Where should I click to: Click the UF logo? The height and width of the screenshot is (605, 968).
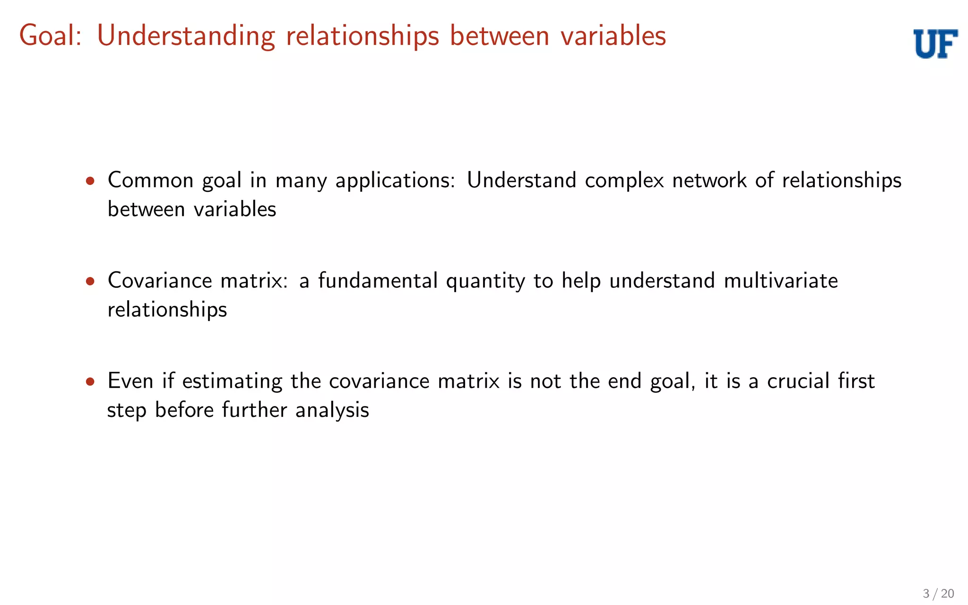click(x=935, y=43)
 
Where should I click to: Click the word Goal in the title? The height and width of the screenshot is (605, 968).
click(x=50, y=36)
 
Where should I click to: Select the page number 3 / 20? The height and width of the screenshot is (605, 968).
click(x=938, y=594)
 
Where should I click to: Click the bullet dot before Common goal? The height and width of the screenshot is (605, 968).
click(x=90, y=181)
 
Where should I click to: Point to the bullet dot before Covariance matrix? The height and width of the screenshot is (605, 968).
click(x=90, y=282)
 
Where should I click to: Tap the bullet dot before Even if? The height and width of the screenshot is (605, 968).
click(x=90, y=382)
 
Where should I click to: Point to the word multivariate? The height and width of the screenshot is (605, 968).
click(x=781, y=281)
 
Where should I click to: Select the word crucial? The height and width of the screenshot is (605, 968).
click(x=798, y=381)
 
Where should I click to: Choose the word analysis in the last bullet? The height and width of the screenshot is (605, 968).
click(x=332, y=410)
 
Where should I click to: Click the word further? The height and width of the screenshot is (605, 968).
click(x=254, y=409)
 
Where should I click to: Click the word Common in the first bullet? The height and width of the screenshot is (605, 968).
click(x=150, y=181)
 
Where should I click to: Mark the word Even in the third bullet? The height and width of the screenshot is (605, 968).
click(x=130, y=381)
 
